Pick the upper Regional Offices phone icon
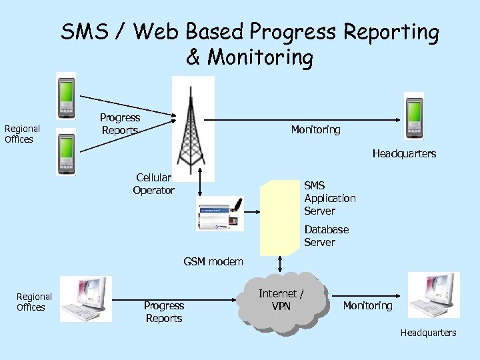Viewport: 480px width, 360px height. [66, 95]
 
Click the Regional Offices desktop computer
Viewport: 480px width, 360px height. [85, 299]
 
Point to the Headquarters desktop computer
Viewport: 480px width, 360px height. [433, 295]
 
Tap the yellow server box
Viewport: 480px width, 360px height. [279, 217]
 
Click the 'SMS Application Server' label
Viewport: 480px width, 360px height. [329, 198]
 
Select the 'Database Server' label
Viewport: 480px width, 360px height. [326, 235]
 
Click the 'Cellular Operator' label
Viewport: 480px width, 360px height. [153, 184]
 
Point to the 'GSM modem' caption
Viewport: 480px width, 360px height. [213, 262]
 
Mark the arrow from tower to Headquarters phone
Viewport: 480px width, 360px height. [300, 121]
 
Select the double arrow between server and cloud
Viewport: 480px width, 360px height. [280, 263]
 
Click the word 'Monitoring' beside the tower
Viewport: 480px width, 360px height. [315, 130]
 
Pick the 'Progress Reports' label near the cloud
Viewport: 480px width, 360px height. [163, 312]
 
